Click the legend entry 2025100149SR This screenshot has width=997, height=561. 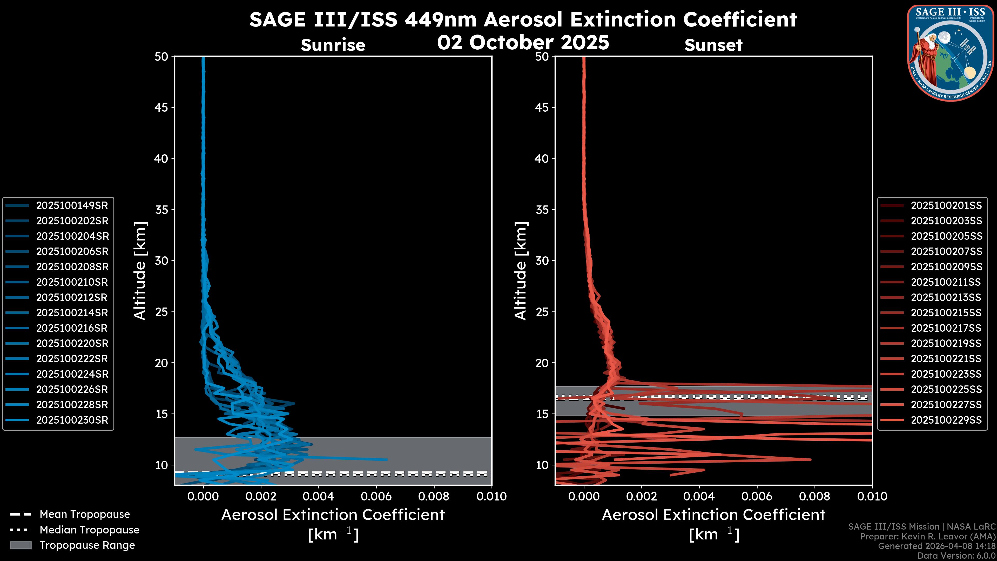click(72, 206)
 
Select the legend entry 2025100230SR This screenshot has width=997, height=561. click(72, 420)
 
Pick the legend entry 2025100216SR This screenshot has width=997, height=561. click(72, 328)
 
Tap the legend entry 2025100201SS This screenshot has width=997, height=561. click(946, 206)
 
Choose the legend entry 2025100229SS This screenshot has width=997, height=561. click(946, 420)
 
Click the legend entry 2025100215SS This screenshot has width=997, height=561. click(946, 313)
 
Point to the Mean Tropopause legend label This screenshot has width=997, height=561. click(85, 515)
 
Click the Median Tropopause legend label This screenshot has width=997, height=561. click(89, 530)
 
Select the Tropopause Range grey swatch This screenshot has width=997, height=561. click(21, 545)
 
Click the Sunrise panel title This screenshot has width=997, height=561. click(333, 45)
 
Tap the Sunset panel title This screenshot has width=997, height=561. click(713, 45)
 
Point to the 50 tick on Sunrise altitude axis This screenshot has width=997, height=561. click(161, 57)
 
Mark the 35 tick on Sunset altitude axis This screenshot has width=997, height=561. click(542, 210)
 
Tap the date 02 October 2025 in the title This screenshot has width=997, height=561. click(523, 43)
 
